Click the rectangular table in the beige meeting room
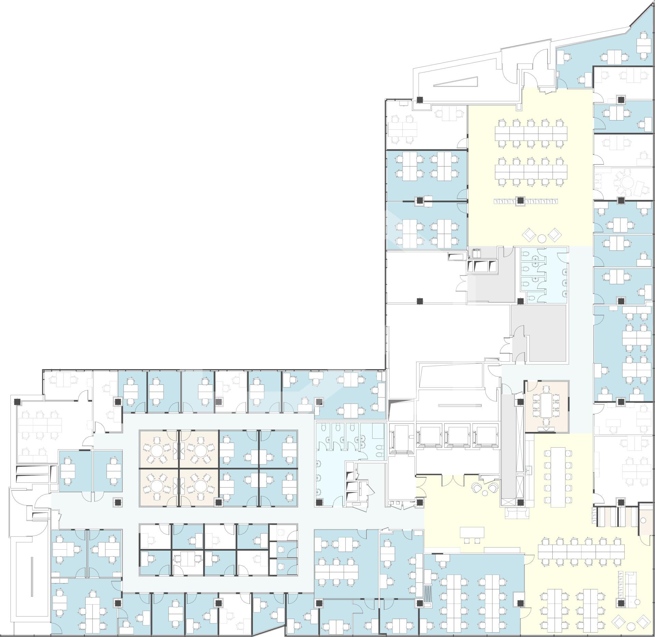546,405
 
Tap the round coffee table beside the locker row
542,237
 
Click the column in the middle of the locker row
520,201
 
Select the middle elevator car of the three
457,436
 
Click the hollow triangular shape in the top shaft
455,82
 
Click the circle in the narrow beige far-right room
642,521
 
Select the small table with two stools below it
472,532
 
